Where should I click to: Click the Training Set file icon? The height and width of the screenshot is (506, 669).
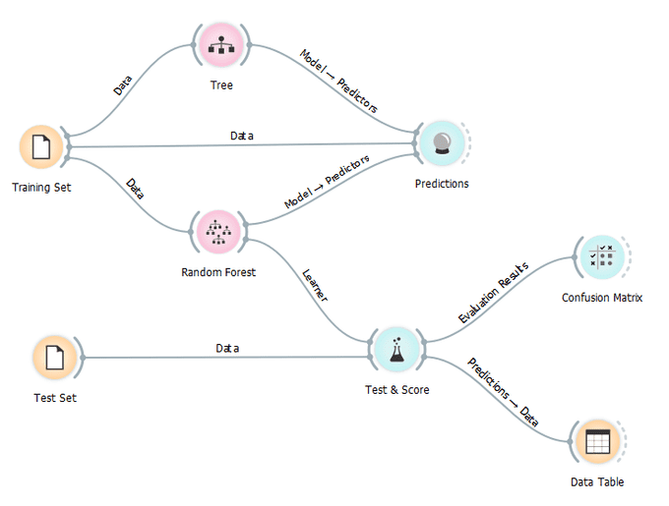(x=41, y=147)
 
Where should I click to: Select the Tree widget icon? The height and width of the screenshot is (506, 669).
(x=221, y=44)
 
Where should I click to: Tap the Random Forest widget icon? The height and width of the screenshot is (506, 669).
(x=218, y=231)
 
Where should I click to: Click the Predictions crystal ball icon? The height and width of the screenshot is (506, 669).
(x=442, y=144)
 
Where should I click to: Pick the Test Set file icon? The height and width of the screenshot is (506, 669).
(x=54, y=357)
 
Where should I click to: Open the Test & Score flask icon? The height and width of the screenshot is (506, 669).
(x=396, y=349)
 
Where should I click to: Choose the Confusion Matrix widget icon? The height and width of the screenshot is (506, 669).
(x=601, y=257)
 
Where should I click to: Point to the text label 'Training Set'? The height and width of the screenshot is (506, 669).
(x=41, y=187)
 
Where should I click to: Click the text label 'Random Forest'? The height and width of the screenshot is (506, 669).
(x=218, y=272)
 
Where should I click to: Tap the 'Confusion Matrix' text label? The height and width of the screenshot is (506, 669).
(x=602, y=298)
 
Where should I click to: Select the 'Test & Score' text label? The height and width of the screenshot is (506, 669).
(x=396, y=390)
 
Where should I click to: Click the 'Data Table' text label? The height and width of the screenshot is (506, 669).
(x=596, y=482)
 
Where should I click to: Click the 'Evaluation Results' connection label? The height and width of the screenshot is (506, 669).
(x=494, y=292)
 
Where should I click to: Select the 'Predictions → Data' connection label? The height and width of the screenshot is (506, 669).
(x=503, y=393)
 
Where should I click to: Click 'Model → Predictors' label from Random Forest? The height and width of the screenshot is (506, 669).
(x=327, y=182)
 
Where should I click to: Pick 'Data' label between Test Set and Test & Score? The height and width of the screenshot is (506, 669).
(x=227, y=348)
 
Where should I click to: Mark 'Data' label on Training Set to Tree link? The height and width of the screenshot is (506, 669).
(x=123, y=85)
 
